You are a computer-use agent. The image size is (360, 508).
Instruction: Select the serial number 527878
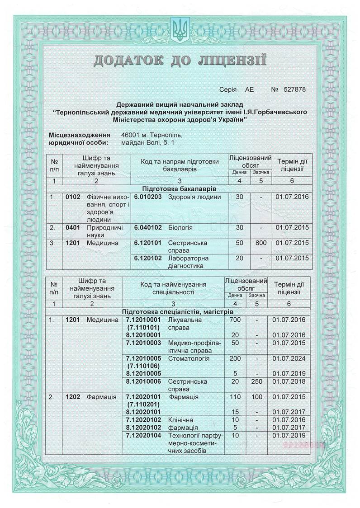294,90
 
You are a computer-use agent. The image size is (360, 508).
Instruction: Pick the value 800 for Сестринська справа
261,243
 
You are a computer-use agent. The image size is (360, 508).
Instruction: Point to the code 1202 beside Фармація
73,397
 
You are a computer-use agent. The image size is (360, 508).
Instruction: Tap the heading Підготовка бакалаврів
179,188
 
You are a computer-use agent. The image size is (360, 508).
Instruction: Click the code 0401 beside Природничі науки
73,227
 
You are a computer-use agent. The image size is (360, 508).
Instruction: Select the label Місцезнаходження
80,135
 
